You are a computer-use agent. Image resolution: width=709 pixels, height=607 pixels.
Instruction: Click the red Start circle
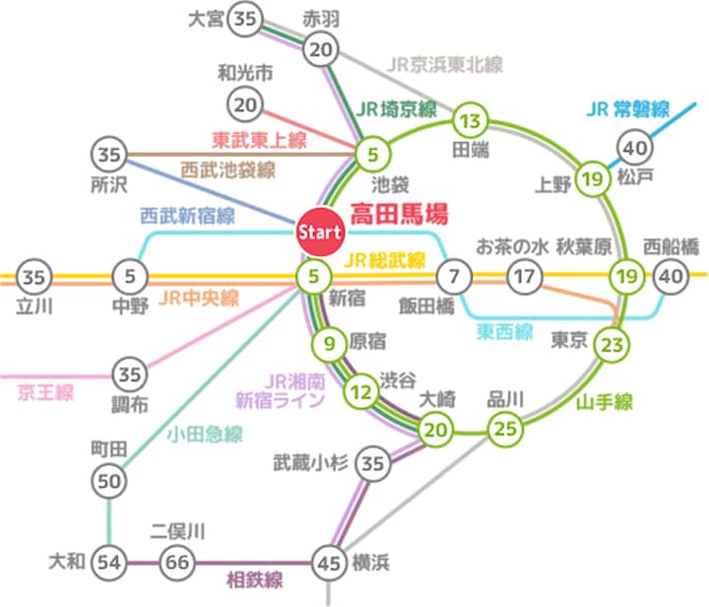click(319, 232)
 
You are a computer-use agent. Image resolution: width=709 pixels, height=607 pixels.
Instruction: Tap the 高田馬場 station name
click(399, 214)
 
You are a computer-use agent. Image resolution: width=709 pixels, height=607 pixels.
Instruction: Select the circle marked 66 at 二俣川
click(177, 563)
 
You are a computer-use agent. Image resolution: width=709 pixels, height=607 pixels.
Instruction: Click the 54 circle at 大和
click(109, 563)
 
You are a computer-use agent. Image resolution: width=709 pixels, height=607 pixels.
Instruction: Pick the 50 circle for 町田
click(109, 481)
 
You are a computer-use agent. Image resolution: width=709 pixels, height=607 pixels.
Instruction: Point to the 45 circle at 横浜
click(329, 564)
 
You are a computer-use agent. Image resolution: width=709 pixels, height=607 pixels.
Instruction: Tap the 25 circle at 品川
click(505, 429)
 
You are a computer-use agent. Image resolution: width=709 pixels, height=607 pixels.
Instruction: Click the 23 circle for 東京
click(612, 345)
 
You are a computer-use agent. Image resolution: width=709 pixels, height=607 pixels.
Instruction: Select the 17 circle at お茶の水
click(525, 276)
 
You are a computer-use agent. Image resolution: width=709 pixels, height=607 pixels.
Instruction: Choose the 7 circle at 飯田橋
click(454, 276)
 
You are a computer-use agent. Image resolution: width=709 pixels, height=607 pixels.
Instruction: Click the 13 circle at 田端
click(471, 121)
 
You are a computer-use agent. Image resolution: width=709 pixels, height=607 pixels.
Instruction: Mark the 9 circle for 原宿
click(329, 344)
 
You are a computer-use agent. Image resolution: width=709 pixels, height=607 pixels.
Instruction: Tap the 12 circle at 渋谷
click(361, 392)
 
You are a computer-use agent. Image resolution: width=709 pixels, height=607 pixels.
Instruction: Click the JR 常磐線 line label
click(627, 109)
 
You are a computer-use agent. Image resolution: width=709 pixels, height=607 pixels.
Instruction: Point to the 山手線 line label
click(604, 402)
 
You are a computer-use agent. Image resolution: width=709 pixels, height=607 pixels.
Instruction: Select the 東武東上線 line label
click(260, 140)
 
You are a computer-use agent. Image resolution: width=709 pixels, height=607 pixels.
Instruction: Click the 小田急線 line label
click(205, 435)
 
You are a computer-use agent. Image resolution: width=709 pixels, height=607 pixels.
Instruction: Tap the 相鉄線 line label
click(255, 580)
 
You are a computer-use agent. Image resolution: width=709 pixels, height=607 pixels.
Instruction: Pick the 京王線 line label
click(45, 392)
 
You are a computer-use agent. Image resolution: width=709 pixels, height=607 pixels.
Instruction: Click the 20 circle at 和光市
click(245, 104)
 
